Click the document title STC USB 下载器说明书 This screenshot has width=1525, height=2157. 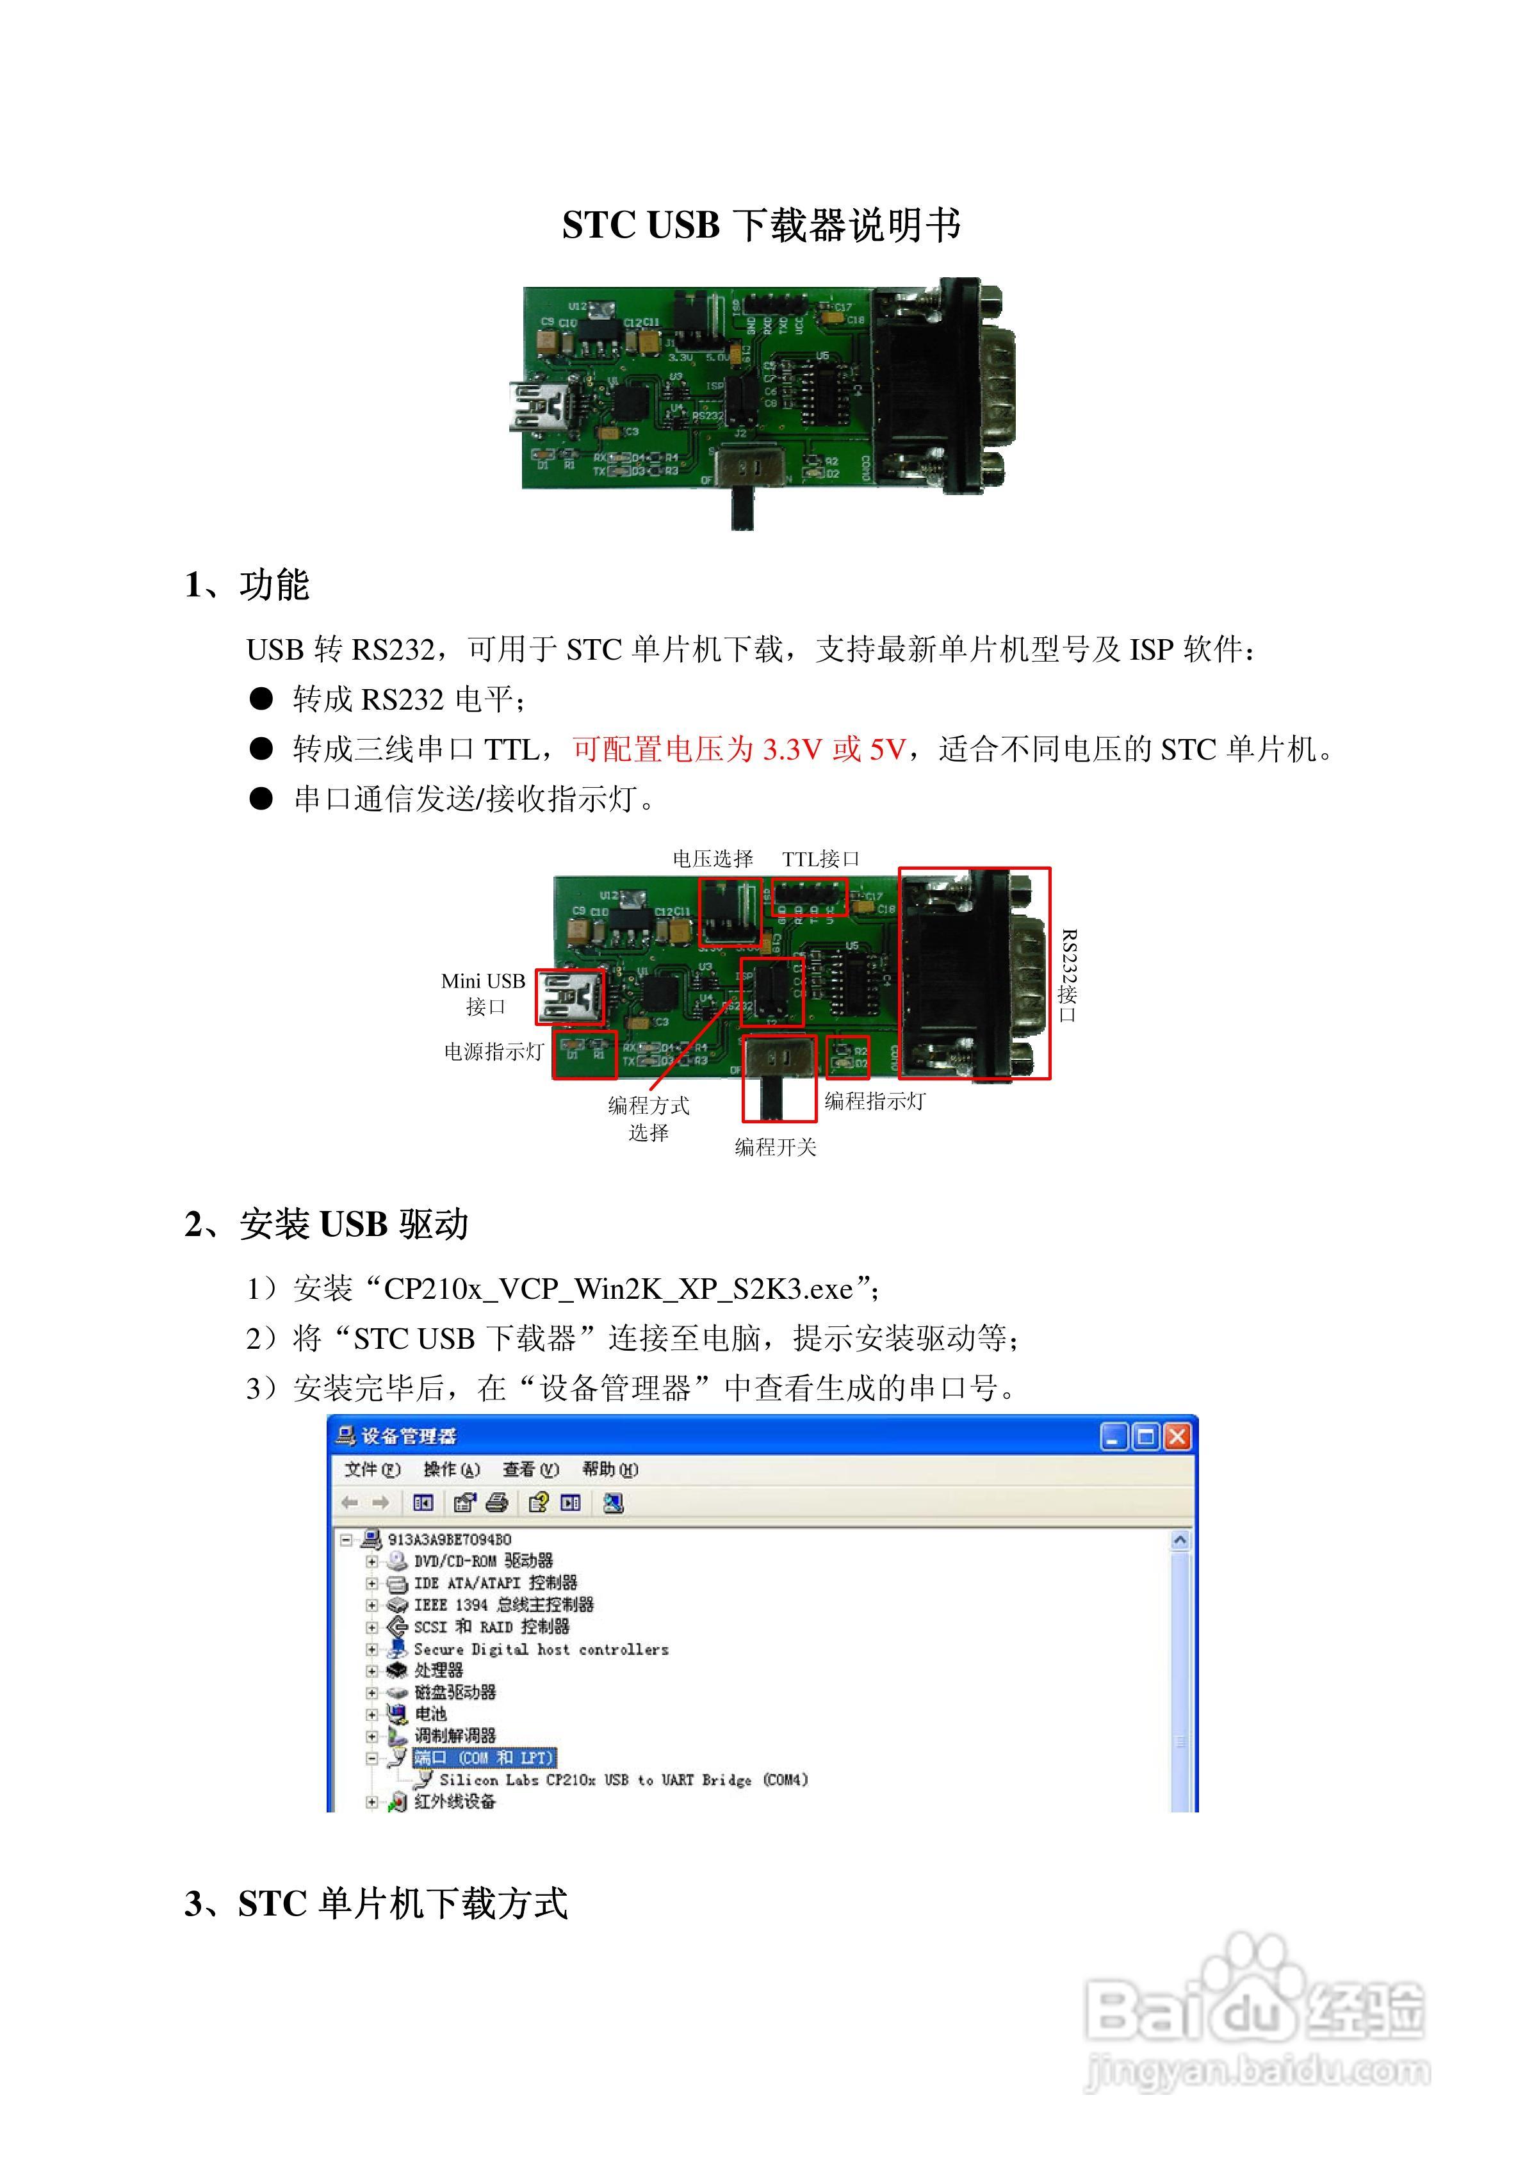pyautogui.click(x=761, y=225)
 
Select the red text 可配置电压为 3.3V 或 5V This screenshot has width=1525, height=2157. pyautogui.click(x=740, y=750)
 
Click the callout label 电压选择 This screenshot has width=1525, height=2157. pyautogui.click(x=712, y=859)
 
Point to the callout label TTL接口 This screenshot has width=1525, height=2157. pyautogui.click(x=820, y=859)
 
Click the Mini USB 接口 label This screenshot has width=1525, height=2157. pyautogui.click(x=483, y=993)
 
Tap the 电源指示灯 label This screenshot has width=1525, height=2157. pyautogui.click(x=493, y=1052)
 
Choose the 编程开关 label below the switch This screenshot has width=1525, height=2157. pyautogui.click(x=775, y=1147)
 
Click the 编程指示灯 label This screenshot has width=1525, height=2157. pyautogui.click(x=875, y=1101)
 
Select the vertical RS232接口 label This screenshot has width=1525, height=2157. pyautogui.click(x=1068, y=976)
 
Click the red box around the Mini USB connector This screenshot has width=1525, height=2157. pyautogui.click(x=570, y=997)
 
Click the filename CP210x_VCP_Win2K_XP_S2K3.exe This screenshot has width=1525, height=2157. pyautogui.click(x=618, y=1289)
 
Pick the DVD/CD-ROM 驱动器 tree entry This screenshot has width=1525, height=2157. pyautogui.click(x=483, y=1561)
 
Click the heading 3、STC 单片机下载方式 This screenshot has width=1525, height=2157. pyautogui.click(x=376, y=1904)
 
